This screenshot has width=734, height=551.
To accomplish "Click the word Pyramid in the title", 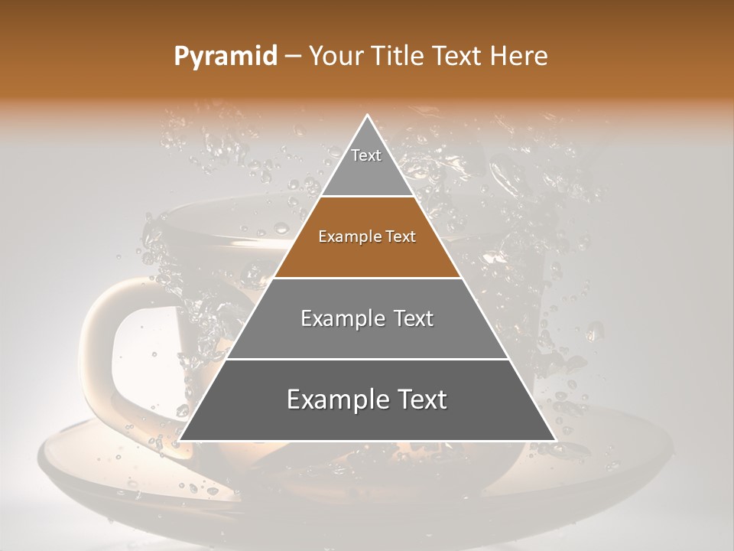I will [x=225, y=57].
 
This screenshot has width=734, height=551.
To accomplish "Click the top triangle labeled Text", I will [x=367, y=165].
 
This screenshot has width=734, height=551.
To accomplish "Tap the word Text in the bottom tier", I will [x=417, y=399].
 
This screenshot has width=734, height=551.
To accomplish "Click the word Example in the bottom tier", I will [x=334, y=399].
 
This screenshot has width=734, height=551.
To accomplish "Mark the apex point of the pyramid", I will [x=367, y=116].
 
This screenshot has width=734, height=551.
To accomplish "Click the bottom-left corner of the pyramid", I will [x=180, y=439].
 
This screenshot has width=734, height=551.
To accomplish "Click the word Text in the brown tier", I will [x=400, y=237].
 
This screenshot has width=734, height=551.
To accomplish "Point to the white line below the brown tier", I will [x=367, y=278].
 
